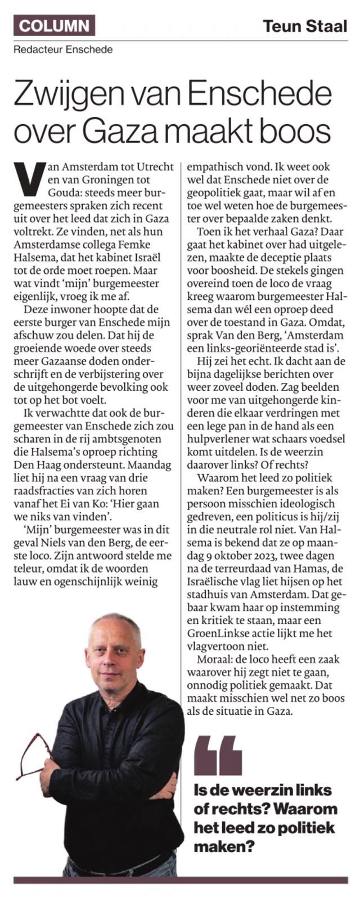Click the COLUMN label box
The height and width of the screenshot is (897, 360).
click(55, 25)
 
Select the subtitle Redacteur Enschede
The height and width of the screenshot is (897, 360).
click(64, 49)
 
